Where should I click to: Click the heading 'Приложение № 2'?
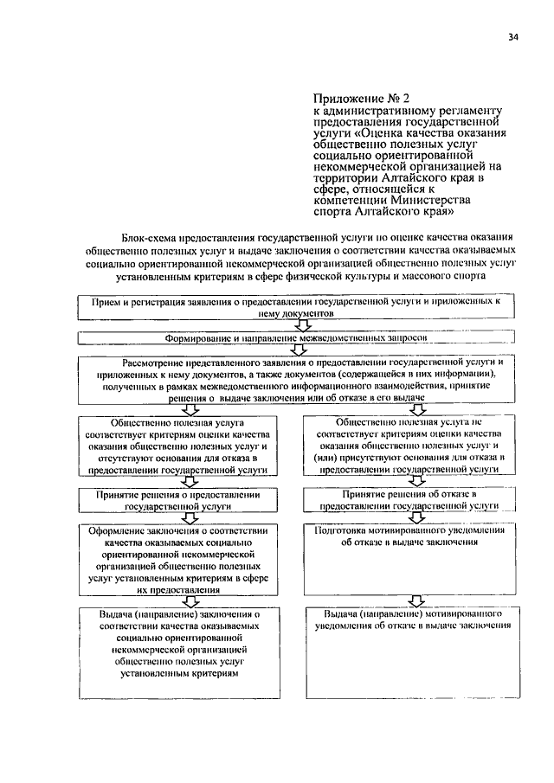click(x=356, y=99)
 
